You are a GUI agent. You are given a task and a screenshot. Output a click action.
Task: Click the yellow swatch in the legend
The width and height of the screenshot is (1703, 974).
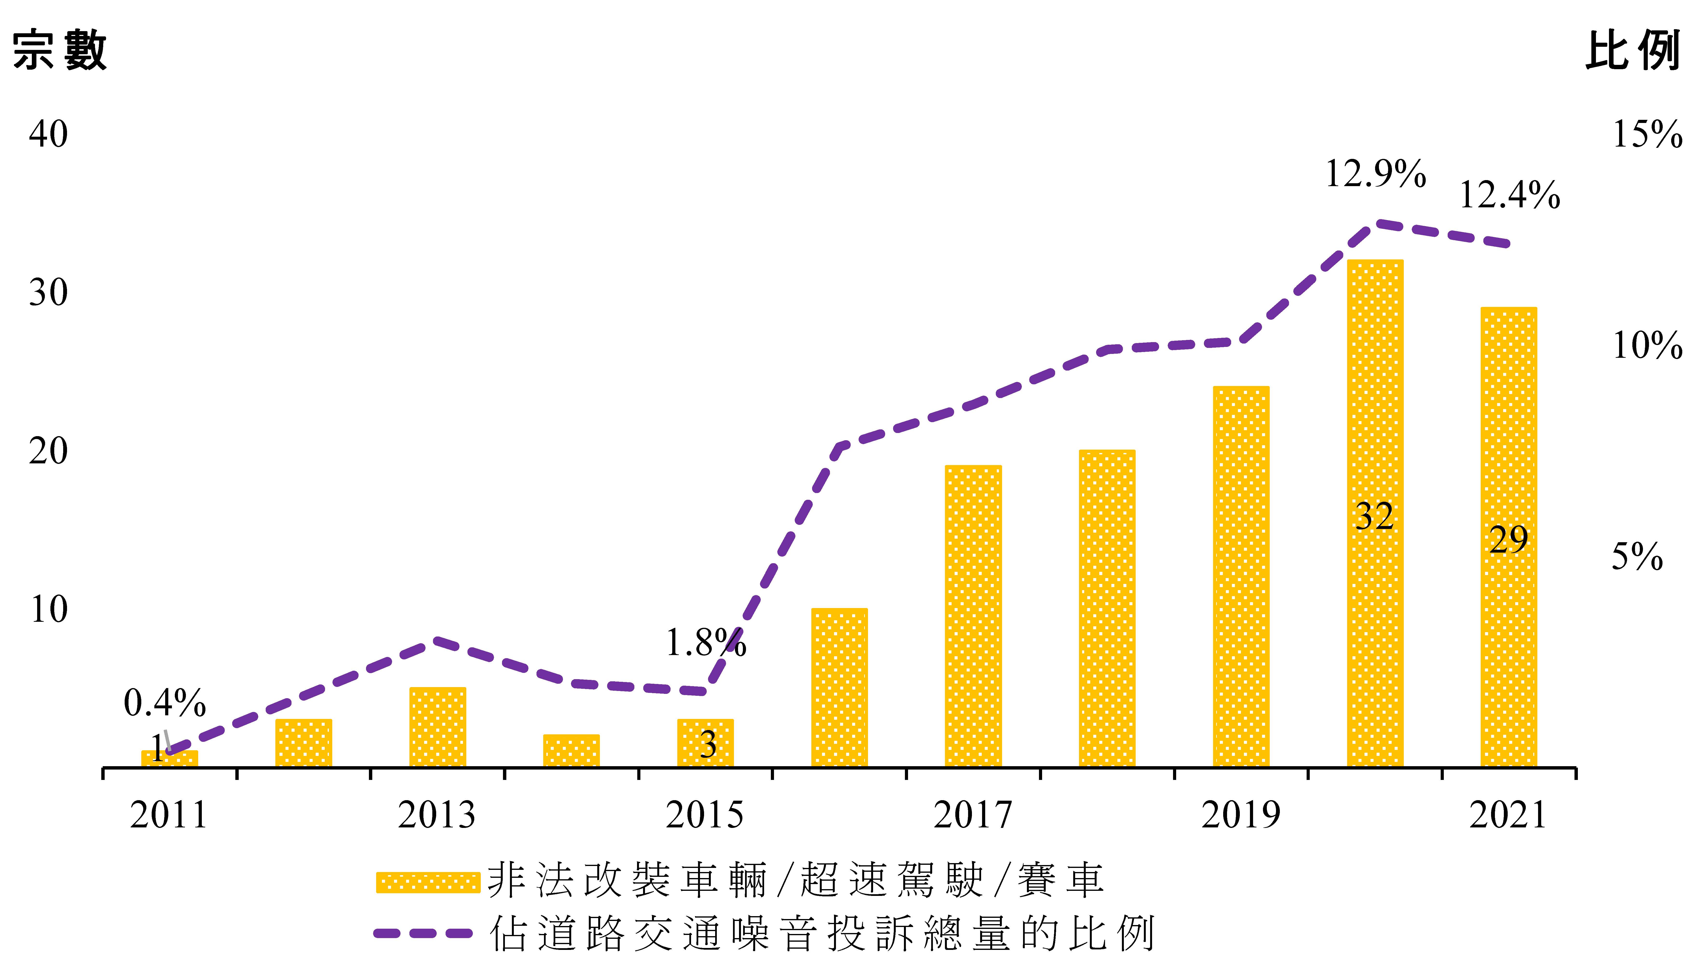coord(428,882)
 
